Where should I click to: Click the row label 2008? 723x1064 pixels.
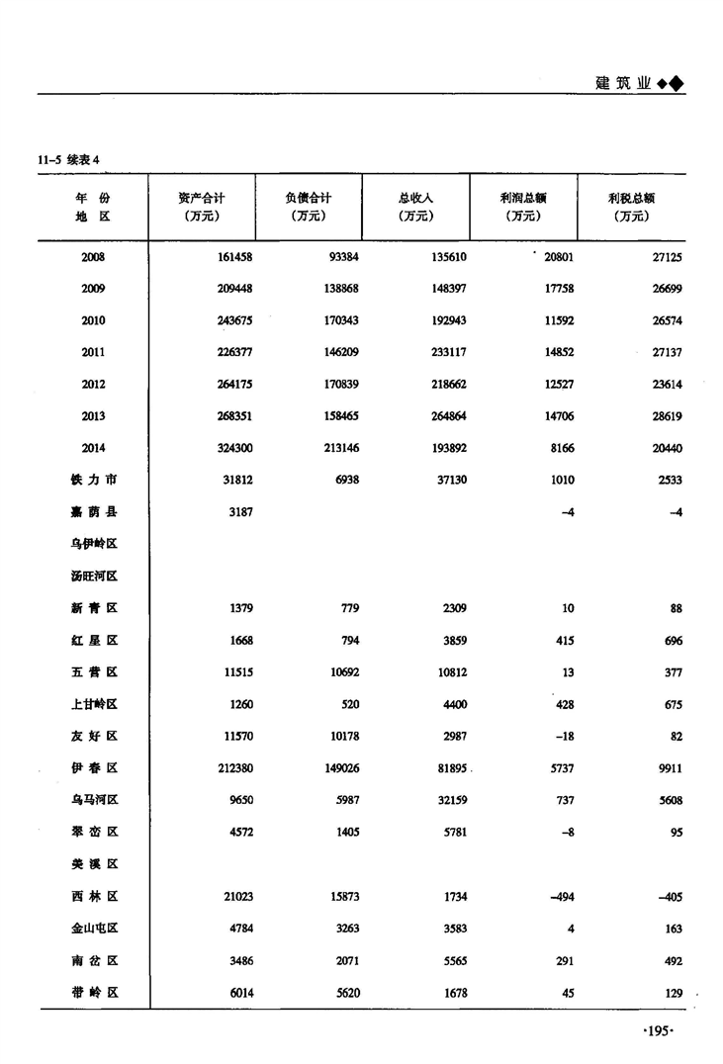click(94, 257)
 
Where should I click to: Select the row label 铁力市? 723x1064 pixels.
click(94, 480)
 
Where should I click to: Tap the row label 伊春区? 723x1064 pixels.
click(94, 768)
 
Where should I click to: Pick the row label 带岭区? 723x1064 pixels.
click(94, 993)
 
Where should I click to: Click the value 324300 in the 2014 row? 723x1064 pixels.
click(233, 448)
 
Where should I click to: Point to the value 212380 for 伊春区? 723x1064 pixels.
click(233, 768)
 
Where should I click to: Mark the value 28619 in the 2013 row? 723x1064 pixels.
click(664, 416)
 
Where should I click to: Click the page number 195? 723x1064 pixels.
click(658, 1031)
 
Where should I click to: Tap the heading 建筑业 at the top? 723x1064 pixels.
click(624, 83)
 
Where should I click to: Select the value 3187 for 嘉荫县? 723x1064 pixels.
click(238, 512)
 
